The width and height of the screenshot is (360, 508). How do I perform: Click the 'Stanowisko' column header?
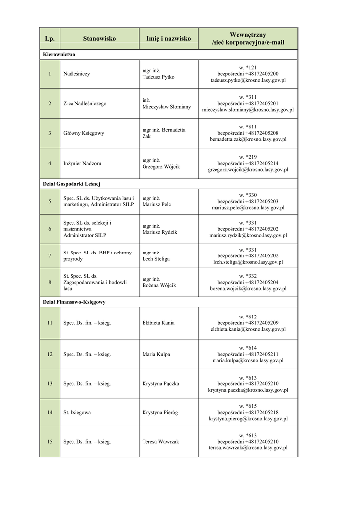[99, 38]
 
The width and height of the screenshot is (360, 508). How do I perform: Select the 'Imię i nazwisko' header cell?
[168, 38]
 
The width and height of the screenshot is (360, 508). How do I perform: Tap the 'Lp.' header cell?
[49, 38]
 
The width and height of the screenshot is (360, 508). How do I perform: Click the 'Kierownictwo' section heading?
[59, 54]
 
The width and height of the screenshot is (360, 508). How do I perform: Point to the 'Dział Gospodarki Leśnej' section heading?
[72, 184]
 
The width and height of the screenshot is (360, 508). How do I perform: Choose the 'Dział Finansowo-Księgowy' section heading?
[74, 302]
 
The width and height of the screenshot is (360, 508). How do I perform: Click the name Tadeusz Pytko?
[158, 77]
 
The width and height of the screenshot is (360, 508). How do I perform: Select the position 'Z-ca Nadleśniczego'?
[85, 104]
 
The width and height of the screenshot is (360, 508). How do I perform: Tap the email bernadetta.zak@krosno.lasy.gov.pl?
[248, 140]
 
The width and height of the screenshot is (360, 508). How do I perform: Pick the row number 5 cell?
[49, 201]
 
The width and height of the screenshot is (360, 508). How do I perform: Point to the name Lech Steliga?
[156, 259]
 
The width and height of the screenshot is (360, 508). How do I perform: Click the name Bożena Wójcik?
[159, 285]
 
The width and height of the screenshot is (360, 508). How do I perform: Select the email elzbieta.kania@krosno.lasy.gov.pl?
[248, 329]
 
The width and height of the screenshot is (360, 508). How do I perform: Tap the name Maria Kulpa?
[156, 354]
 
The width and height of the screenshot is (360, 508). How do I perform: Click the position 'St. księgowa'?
[77, 412]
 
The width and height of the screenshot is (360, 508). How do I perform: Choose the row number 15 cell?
[49, 441]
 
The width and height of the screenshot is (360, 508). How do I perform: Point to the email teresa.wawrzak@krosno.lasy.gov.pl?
[248, 448]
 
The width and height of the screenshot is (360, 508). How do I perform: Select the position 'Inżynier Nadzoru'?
[83, 163]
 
